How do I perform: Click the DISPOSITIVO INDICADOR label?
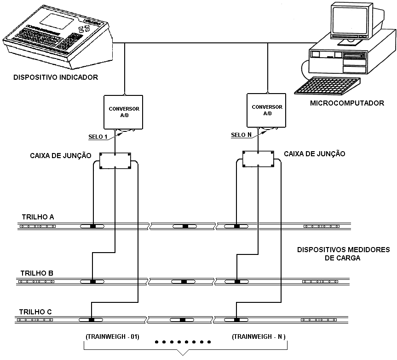[56, 77]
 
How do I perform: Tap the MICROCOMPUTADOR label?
[347, 103]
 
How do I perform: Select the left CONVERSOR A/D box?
[123, 112]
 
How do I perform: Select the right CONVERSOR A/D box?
[266, 110]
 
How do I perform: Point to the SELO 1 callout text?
[98, 137]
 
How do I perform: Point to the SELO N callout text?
[242, 135]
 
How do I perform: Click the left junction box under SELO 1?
[115, 161]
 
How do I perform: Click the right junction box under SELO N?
[258, 159]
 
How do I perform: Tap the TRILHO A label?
[38, 217]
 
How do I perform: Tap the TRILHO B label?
[37, 273]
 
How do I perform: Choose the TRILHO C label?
[35, 312]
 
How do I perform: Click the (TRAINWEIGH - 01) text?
[113, 336]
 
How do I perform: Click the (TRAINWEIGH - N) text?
[259, 336]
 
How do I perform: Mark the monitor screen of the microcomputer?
[350, 20]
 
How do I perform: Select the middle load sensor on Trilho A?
[185, 226]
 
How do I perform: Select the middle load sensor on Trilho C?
[182, 320]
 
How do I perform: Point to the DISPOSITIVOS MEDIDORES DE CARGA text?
[343, 254]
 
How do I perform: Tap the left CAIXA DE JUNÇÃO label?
[61, 155]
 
